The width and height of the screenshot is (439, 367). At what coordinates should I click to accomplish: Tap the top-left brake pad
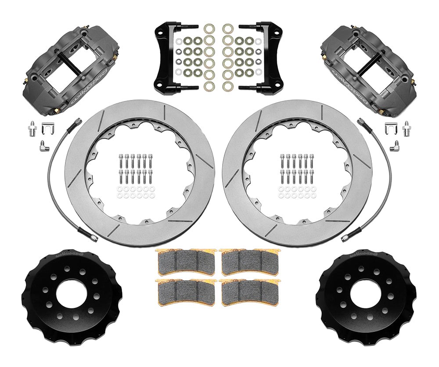coord(186,262)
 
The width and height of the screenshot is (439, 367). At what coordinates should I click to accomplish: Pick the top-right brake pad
coord(249,262)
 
